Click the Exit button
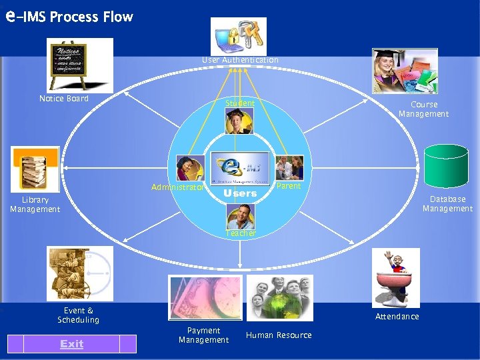click(x=71, y=344)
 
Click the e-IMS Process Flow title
click(x=69, y=17)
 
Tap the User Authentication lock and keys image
click(x=239, y=36)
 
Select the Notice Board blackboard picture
click(x=81, y=65)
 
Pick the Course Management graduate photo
click(x=405, y=71)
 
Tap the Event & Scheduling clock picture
click(x=79, y=273)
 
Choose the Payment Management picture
click(x=203, y=297)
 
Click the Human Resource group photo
click(x=279, y=297)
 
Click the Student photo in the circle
click(x=239, y=121)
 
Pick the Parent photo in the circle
click(x=289, y=167)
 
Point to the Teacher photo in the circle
click(x=239, y=217)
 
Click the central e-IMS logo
click(x=239, y=167)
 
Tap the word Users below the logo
click(x=240, y=193)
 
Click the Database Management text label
click(x=447, y=204)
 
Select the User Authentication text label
click(x=240, y=60)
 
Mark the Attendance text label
click(x=397, y=317)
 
